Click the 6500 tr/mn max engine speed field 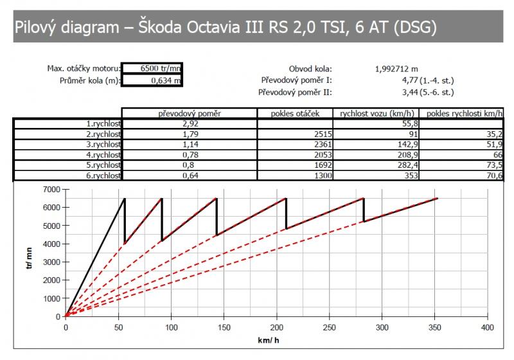coord(152,69)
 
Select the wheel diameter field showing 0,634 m coord(152,80)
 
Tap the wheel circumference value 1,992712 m coord(396,69)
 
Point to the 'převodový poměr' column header coord(190,114)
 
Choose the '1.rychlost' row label coord(103,123)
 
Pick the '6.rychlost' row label coord(103,175)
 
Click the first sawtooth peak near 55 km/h coord(125,198)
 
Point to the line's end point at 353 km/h coord(438,198)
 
